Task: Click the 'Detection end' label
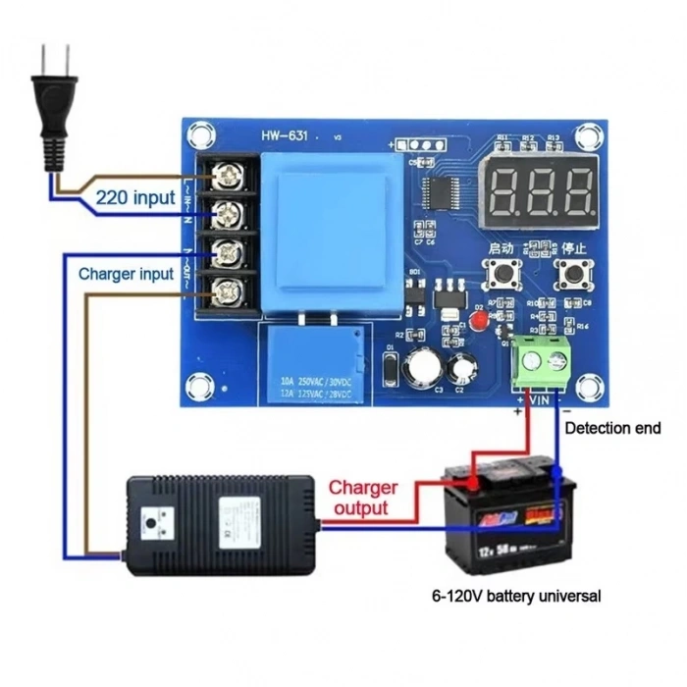(612, 429)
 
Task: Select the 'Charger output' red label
(362, 498)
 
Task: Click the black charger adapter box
(218, 524)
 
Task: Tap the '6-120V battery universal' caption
(515, 596)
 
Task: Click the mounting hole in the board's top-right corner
(589, 134)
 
